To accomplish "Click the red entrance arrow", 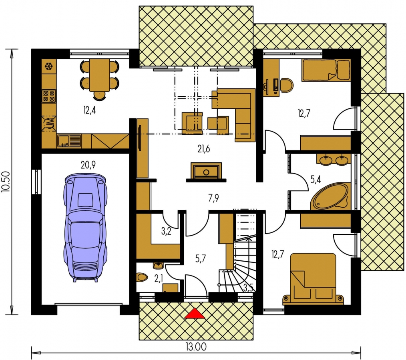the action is coord(195,314).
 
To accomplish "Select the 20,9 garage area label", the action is coord(88,164).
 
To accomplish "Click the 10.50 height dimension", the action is coord(6,182).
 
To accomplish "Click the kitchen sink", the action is coord(69,141).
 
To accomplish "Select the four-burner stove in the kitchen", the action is coord(49,96).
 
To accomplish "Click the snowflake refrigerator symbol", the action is coord(49,66).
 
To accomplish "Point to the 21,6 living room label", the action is coord(203,149).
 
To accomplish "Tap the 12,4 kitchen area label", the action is coord(90,110).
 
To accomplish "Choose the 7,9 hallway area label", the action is coord(213,198).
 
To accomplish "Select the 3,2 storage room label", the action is coord(166,231).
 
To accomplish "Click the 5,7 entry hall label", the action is coord(201,258).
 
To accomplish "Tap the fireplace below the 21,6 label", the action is coord(206,172).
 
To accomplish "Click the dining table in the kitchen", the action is coord(100,75).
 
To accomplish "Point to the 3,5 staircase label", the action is coord(248,288).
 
